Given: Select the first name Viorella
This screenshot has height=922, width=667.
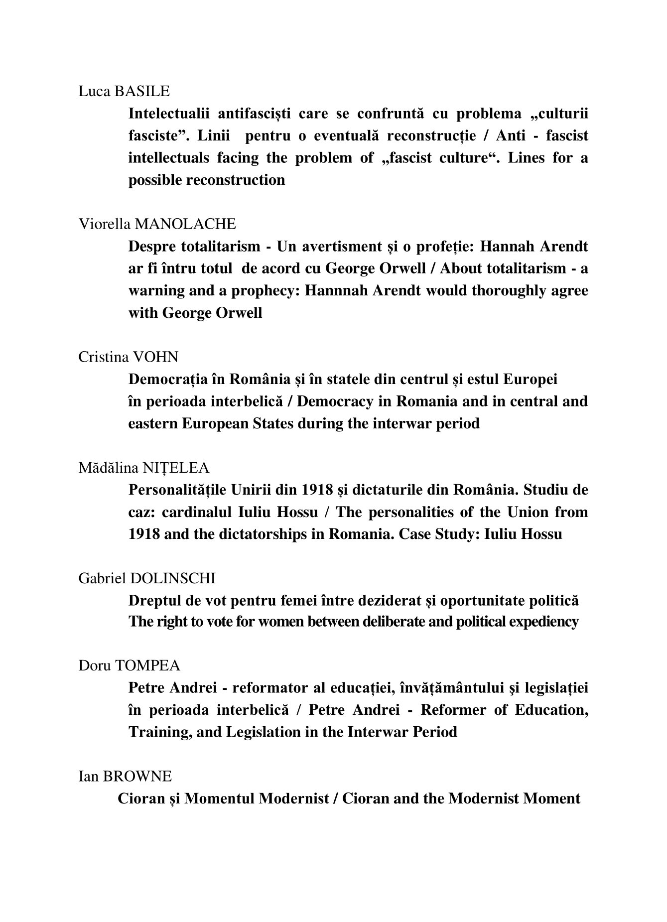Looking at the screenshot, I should pos(104,224).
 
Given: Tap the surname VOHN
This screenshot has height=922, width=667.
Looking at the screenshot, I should pos(155,357).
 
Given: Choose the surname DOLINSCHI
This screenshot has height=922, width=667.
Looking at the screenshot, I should pos(173,578).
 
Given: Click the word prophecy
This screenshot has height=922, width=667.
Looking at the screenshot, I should pos(258,290).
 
